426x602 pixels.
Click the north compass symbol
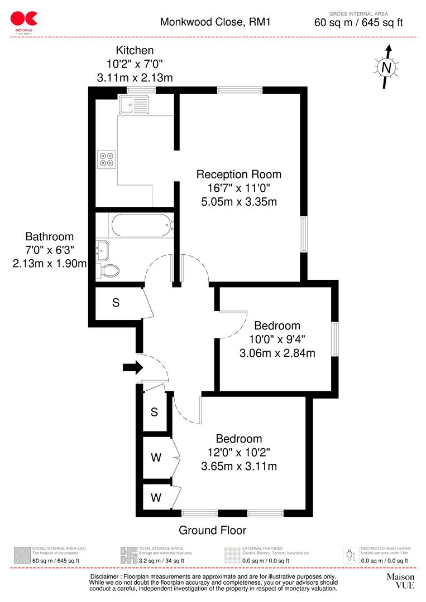386,67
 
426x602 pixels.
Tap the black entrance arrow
132,367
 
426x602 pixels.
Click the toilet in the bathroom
110,270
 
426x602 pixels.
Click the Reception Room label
238,174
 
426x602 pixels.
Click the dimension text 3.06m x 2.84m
277,353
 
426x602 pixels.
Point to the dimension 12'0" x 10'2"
239,452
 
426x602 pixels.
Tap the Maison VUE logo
400,580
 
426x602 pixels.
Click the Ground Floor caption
212,530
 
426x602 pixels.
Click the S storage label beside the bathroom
116,303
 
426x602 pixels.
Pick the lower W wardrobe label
156,497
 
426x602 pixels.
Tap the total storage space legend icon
128,555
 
